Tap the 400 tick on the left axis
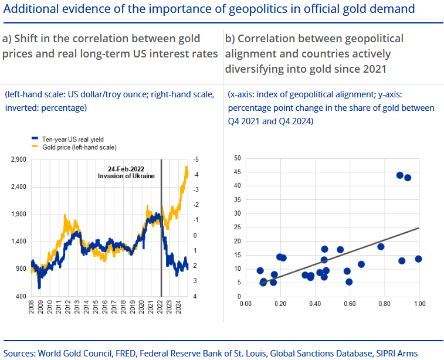point(22,296)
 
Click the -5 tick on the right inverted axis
point(195,159)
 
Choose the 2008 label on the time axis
point(32,308)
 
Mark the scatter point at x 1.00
point(418,259)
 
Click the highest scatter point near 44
point(400,175)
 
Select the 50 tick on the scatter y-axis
point(237,158)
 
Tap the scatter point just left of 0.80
point(381,246)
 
